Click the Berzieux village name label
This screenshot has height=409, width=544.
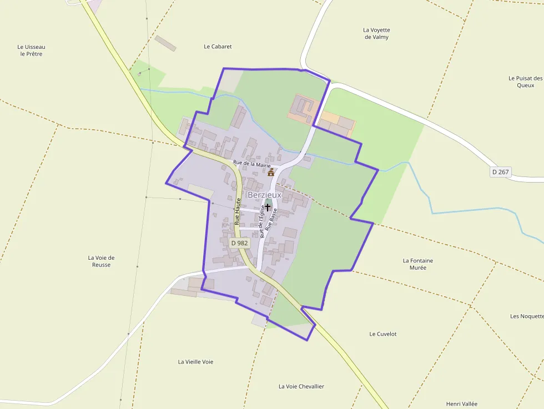[264, 195]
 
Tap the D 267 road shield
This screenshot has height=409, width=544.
[500, 172]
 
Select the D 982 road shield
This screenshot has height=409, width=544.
[240, 243]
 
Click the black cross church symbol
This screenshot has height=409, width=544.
[268, 207]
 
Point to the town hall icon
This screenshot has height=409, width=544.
[271, 172]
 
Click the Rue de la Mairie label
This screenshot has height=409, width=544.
[252, 164]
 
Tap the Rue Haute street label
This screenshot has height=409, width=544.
[237, 211]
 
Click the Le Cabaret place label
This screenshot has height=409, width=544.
[218, 47]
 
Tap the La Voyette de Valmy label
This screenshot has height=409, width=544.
[376, 33]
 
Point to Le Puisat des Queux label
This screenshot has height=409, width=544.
[525, 82]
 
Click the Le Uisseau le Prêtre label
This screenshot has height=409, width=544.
[31, 51]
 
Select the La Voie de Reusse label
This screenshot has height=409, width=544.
[101, 261]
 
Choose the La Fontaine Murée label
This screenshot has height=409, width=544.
[418, 264]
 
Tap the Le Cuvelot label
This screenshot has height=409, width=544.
[383, 334]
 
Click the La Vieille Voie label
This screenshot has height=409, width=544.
[195, 362]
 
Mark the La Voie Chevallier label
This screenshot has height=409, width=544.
[301, 386]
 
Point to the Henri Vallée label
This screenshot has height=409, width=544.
[462, 404]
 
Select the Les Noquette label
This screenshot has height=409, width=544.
[526, 316]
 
